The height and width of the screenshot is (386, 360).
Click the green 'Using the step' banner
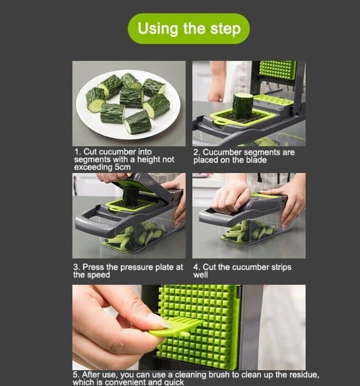[189, 28]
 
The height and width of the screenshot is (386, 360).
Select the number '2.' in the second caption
[197, 153]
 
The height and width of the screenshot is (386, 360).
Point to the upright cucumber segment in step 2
[242, 105]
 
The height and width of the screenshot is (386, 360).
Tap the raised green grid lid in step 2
[277, 70]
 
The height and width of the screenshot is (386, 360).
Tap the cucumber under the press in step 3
[130, 196]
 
